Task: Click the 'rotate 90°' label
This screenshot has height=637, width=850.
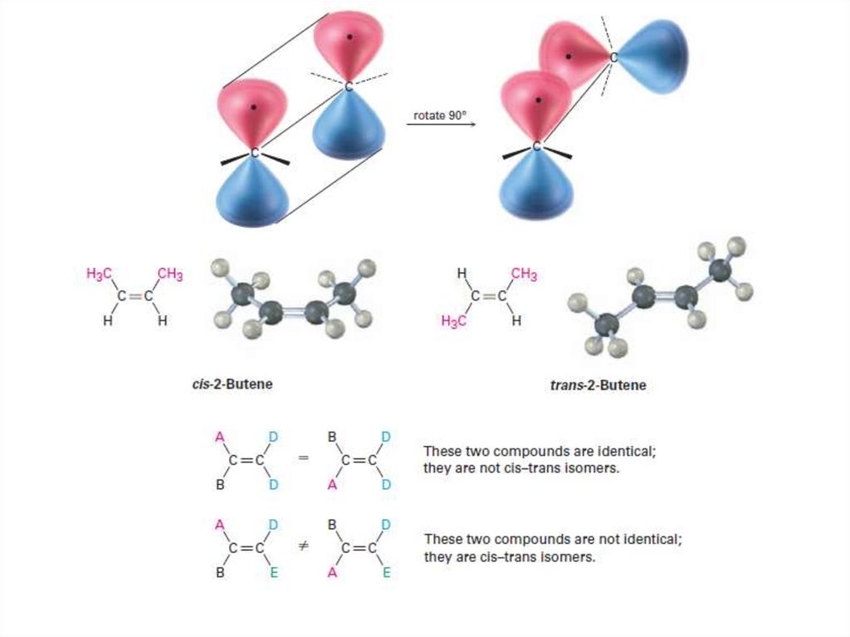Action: click(x=440, y=116)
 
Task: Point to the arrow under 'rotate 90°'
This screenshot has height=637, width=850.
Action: click(x=440, y=125)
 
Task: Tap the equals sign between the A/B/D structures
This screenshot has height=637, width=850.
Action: click(x=303, y=458)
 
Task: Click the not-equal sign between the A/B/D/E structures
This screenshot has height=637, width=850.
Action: click(x=303, y=547)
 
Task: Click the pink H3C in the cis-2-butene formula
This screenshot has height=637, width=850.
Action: click(x=100, y=273)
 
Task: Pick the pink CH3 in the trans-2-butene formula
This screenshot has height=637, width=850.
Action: click(x=524, y=274)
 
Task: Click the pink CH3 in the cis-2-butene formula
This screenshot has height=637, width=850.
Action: click(x=170, y=273)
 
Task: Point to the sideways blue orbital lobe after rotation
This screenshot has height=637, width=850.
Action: click(x=656, y=56)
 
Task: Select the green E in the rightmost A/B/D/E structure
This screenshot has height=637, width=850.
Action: click(x=386, y=571)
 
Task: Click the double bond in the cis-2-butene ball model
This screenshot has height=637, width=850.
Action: click(x=291, y=312)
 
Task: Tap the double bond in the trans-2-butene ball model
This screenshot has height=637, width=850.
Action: click(x=663, y=296)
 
